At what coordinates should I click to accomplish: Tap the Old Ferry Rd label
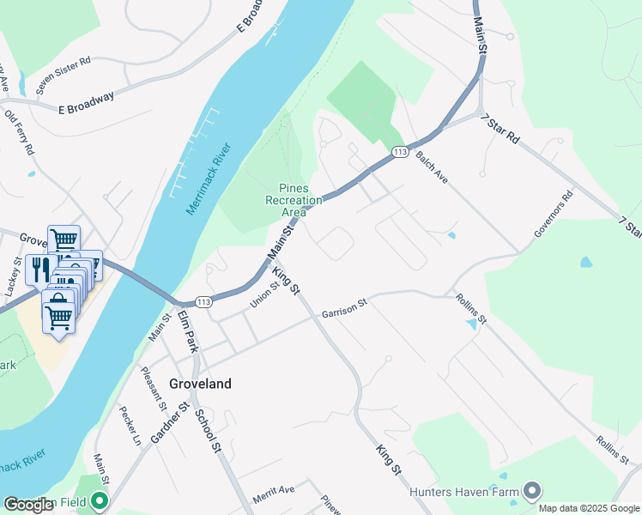[19, 131]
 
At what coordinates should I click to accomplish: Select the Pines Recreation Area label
[293, 200]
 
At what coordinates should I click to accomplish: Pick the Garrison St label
[344, 308]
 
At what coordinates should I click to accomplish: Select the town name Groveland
[200, 384]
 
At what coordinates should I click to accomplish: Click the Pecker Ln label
[130, 426]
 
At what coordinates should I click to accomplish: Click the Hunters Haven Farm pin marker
[532, 491]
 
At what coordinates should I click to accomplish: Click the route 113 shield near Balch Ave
[399, 151]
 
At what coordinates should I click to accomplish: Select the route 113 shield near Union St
[203, 302]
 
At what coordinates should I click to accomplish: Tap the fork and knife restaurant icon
[40, 270]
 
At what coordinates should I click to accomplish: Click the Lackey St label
[11, 276]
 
